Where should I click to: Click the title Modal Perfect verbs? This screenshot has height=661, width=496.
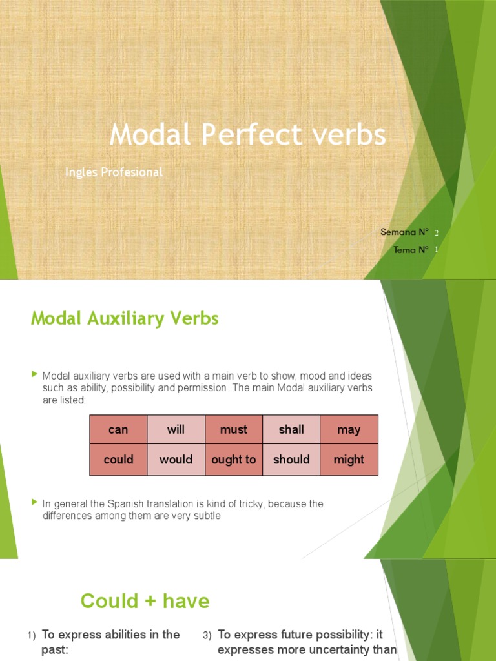point(247,135)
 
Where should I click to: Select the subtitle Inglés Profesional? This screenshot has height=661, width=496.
point(114,172)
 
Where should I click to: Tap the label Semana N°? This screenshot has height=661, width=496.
point(405,232)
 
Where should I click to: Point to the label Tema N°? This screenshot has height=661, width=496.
point(411,250)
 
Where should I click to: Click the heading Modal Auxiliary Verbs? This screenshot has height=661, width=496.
point(125,318)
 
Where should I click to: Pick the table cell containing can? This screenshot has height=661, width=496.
point(118,429)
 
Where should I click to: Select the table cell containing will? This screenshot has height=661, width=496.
point(176,429)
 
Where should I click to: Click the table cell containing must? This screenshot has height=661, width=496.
point(234,429)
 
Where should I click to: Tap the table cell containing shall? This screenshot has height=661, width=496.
point(291,429)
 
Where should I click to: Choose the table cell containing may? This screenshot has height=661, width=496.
point(349,429)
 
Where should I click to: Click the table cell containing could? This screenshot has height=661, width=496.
point(118,460)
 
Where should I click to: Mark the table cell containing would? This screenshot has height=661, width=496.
point(176,460)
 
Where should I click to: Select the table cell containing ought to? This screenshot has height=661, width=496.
point(234,460)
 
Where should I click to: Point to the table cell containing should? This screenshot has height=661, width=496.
point(291,460)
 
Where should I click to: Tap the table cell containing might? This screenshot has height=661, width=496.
point(349,460)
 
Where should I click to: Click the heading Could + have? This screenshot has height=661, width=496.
point(145,601)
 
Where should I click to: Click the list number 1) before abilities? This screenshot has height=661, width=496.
point(32,636)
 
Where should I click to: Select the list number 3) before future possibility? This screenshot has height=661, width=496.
point(207,636)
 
